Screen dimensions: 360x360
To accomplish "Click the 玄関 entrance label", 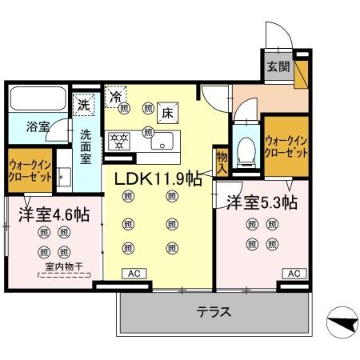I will click(274, 66).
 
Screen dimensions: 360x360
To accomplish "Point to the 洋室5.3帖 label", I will click(262, 202).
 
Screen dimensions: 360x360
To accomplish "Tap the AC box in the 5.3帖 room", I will click(294, 273).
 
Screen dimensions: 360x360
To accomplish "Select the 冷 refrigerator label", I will click(117, 94).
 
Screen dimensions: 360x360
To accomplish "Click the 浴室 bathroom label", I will click(37, 126).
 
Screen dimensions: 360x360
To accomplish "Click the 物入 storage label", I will click(222, 162).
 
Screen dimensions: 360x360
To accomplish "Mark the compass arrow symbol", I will click(341, 324).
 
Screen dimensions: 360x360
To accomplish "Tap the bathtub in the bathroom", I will click(37, 100).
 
